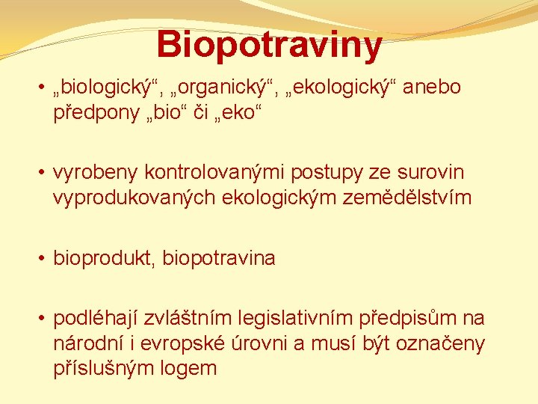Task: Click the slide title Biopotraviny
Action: point(269,44)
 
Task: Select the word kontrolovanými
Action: point(197,173)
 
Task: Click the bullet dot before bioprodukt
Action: point(43,259)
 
